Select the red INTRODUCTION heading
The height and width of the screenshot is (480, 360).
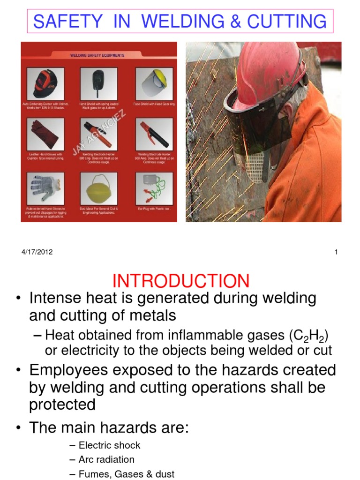[181, 281]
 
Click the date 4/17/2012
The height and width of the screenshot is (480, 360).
[37, 252]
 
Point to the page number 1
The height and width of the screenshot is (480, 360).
[336, 252]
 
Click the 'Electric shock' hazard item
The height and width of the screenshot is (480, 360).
[109, 445]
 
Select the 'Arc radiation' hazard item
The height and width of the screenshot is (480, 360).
[106, 459]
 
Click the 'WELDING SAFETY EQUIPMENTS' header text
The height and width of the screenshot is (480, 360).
[97, 55]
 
